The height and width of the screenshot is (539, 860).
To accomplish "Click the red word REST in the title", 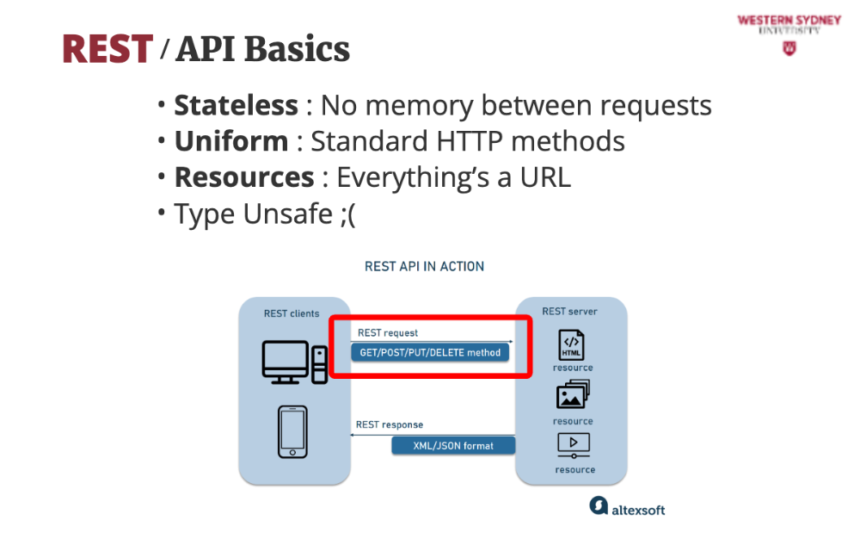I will click(107, 49).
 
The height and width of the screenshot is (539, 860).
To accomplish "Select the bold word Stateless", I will click(236, 105).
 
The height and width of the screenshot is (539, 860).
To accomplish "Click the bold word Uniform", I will click(231, 140).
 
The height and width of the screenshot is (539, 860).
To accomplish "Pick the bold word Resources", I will click(244, 177).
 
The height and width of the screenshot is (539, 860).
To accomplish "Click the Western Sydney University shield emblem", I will click(789, 49).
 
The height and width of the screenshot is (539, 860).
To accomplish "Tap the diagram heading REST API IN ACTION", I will click(424, 266).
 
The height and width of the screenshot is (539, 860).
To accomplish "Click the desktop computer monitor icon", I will click(286, 361).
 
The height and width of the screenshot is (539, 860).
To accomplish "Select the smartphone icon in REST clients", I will click(292, 432).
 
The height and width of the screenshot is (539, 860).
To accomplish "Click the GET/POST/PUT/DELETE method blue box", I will click(430, 352).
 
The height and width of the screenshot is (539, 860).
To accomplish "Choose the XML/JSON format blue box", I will click(453, 445).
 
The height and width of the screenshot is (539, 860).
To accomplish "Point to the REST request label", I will click(388, 332).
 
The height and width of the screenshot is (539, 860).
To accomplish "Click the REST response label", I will click(390, 424).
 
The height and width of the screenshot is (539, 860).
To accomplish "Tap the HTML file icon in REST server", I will click(572, 344).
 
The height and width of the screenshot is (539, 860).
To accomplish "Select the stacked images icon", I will click(573, 395).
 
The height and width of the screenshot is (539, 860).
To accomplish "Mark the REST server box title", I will click(569, 311).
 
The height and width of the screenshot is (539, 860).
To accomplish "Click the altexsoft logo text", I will click(638, 509).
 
